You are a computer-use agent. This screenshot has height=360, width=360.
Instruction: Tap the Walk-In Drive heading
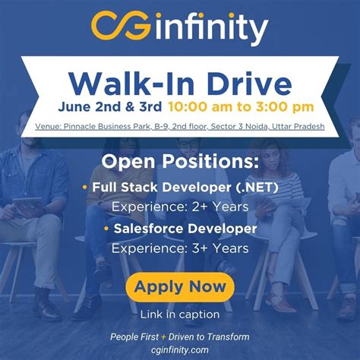(x=180, y=81)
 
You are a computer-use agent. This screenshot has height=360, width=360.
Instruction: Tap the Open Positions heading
(x=180, y=161)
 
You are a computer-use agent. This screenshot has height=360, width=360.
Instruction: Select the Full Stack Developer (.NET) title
(x=185, y=186)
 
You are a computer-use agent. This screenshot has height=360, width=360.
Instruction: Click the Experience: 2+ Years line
(x=180, y=206)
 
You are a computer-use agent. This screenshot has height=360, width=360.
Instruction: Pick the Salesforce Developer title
(x=185, y=228)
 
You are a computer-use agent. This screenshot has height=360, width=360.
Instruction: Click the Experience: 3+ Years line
(x=180, y=248)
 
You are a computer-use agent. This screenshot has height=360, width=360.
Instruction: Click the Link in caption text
(x=180, y=313)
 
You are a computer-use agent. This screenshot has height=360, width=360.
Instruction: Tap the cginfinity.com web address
(x=180, y=349)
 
